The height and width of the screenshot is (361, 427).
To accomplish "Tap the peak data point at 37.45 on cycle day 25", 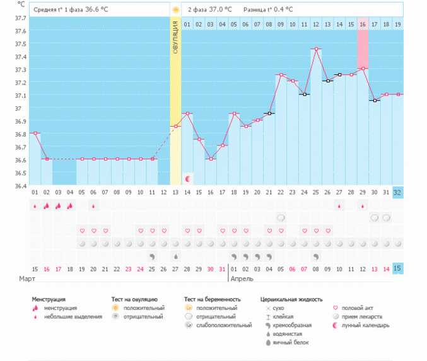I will point(316,49).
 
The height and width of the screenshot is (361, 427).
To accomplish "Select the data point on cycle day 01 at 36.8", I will point(35,133).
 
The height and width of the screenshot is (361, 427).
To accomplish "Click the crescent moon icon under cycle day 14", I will point(187,179).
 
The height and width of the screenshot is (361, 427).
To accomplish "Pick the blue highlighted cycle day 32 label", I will point(397,192).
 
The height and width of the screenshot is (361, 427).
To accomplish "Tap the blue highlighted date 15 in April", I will point(397,269).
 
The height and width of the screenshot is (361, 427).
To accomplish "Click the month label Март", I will point(26,278).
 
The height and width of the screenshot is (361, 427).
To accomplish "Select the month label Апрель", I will point(242,278).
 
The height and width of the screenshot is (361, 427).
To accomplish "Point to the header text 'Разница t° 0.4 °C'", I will point(270,9).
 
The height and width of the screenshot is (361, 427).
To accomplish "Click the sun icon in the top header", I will point(175,10).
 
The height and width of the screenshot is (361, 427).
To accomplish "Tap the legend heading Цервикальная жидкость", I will point(291,299).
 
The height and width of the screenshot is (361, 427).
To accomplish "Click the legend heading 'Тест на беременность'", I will point(213,299).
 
